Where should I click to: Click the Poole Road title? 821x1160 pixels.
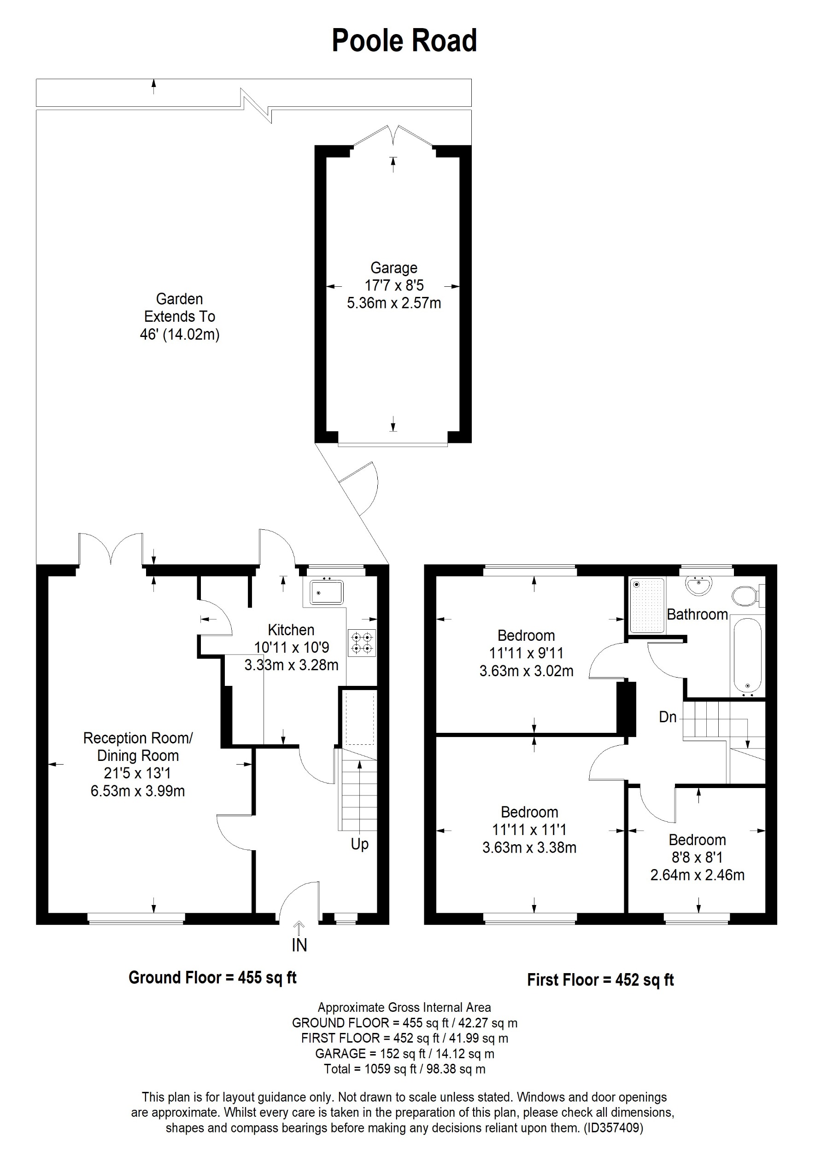[404, 41]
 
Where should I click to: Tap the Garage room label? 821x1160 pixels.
[394, 268]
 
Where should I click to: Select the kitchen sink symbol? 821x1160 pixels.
[327, 592]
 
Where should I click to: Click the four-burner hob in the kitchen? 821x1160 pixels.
[362, 643]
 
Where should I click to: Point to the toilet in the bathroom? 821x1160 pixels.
[746, 596]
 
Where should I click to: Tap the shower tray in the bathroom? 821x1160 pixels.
[647, 605]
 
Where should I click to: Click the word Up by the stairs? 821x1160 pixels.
[359, 844]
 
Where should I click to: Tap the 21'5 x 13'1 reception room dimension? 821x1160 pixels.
[137, 773]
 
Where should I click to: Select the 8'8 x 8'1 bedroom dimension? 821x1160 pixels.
[697, 858]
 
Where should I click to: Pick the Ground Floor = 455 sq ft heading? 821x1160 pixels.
[212, 978]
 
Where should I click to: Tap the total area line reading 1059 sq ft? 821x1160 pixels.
[405, 1069]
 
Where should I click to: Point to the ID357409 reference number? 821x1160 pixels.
[613, 1128]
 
